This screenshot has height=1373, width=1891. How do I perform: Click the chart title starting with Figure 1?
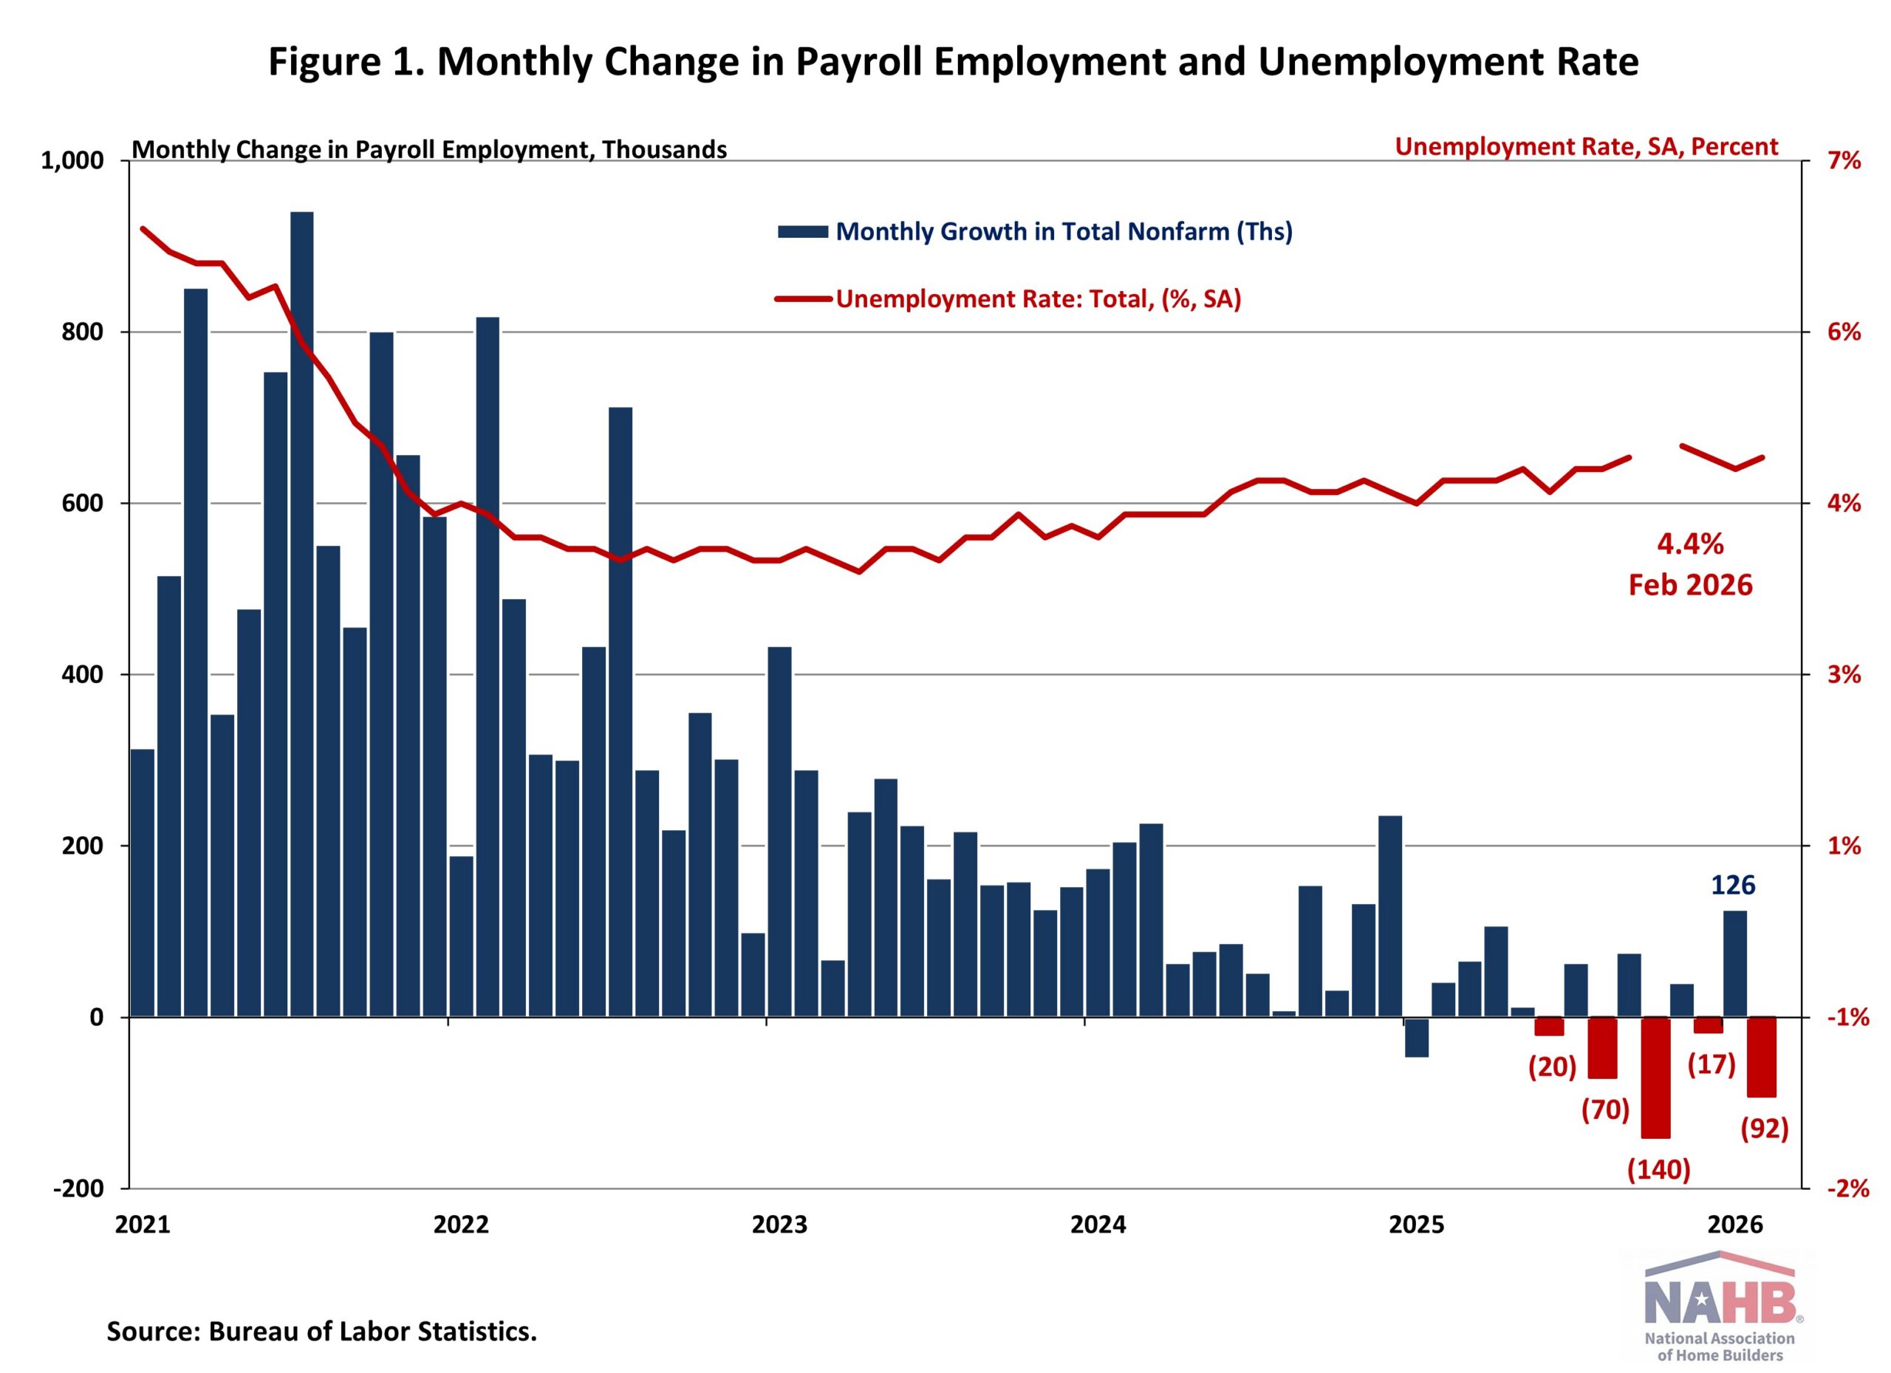tap(953, 62)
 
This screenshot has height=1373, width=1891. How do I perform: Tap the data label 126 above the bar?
tap(1733, 885)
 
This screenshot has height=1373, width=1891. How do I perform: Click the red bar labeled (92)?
tap(1762, 1056)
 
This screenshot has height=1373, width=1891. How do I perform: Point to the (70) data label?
tap(1605, 1109)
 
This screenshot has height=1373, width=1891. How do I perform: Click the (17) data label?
tap(1712, 1064)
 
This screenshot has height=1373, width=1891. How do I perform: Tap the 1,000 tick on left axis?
tap(72, 160)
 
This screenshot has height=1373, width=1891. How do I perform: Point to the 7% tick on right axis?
tap(1844, 160)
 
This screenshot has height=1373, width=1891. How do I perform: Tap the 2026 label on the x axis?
tap(1735, 1225)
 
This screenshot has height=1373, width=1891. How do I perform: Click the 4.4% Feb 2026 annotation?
tap(1690, 564)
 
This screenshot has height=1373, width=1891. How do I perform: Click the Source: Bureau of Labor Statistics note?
tap(322, 1332)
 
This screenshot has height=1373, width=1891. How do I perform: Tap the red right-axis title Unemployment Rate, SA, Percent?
tap(1586, 147)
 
